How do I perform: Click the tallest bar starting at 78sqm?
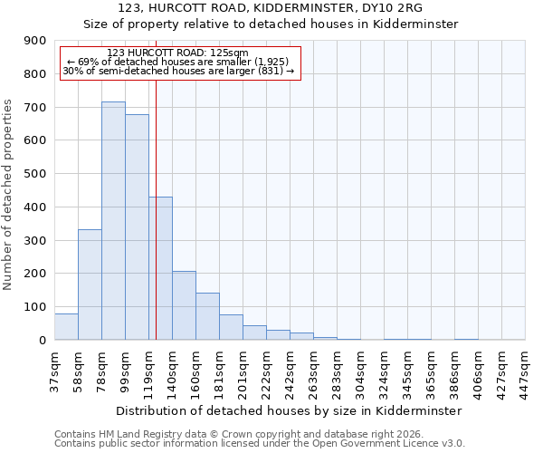(x=113, y=221)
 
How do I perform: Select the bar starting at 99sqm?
(x=137, y=227)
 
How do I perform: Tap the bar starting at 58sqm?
(x=90, y=284)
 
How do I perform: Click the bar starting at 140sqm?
(x=184, y=305)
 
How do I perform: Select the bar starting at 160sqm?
(x=207, y=316)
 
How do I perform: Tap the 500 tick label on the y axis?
(x=35, y=174)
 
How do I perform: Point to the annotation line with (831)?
(x=178, y=71)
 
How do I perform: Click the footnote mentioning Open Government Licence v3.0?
(x=260, y=444)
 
